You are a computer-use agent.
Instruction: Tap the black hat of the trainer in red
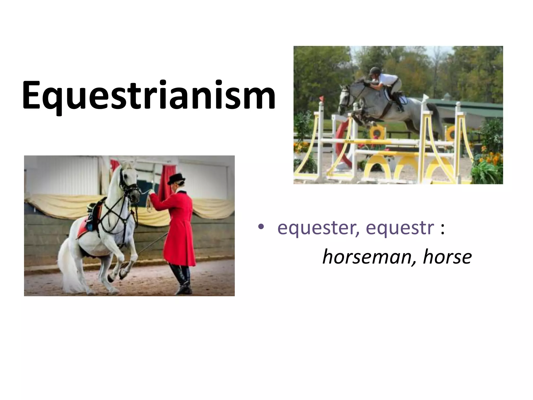(177, 179)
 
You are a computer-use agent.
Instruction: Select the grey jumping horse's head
(345, 98)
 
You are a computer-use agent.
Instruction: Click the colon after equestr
(442, 229)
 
